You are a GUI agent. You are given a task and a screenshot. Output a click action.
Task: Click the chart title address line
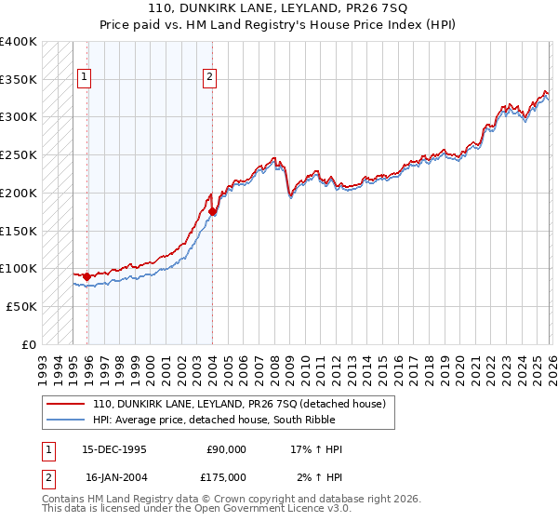point(279,8)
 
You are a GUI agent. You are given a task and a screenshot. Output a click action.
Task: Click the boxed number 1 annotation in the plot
point(85,77)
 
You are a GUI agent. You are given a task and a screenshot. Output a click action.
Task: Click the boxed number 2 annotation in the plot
point(210,77)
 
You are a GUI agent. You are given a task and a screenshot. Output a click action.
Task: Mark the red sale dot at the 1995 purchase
point(87,276)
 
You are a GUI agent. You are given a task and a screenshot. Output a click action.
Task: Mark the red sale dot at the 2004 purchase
point(212,212)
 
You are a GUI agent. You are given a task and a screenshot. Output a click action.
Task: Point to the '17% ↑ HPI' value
point(316,449)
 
